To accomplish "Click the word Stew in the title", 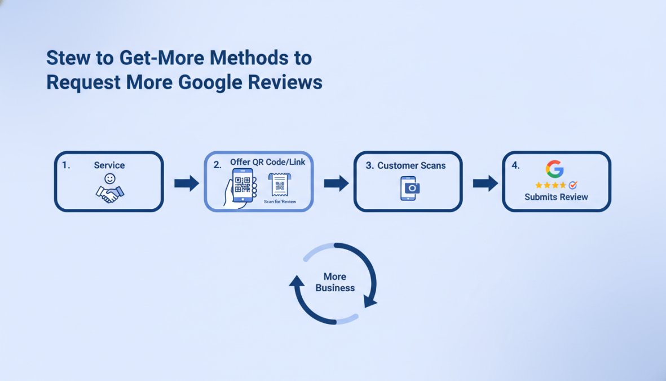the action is click(68, 58).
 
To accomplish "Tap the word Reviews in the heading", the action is click(285, 82).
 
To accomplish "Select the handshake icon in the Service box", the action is click(109, 194).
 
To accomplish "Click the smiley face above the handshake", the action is click(110, 178).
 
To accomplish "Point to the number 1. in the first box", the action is click(66, 165).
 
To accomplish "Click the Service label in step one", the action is click(109, 165).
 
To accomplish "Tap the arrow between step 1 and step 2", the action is click(187, 183).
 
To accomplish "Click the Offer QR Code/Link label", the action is click(268, 162).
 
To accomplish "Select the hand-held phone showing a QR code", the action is click(241, 188).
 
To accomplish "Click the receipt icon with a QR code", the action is click(280, 185).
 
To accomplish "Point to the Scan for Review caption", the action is click(280, 202).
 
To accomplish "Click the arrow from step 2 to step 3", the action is click(337, 183).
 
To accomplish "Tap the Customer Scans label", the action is click(412, 165).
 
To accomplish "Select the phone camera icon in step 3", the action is click(410, 188).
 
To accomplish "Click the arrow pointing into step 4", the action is click(486, 183).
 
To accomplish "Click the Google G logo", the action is click(555, 169).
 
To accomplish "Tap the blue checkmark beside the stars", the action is click(573, 185).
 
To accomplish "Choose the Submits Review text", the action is click(556, 197).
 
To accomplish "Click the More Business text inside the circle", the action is click(335, 282).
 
